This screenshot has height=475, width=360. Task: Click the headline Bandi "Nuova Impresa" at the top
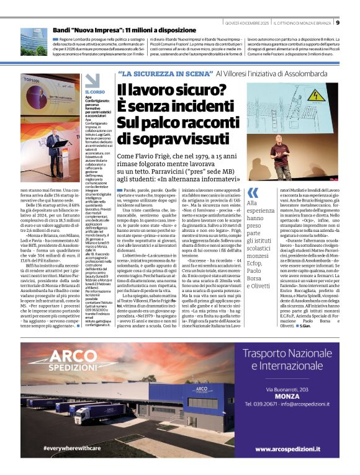click(x=126, y=30)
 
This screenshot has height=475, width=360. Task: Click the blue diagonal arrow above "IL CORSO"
click(x=92, y=81)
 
